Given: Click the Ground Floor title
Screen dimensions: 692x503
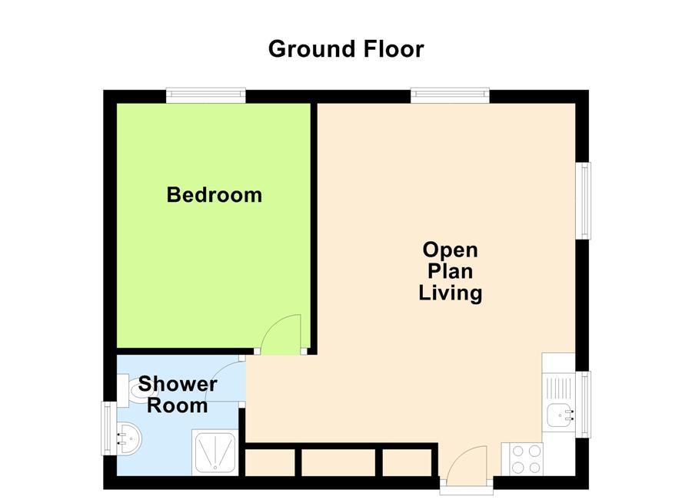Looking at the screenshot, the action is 346,49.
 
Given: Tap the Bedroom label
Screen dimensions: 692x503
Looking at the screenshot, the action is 215,195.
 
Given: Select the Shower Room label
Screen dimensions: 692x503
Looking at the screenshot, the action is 178,395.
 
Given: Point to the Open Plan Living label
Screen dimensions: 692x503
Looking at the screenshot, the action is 450,272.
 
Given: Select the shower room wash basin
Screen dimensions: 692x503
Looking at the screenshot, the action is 128,438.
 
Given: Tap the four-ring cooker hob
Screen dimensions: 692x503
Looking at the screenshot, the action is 523,459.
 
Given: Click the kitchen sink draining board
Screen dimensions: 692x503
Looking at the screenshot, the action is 559,388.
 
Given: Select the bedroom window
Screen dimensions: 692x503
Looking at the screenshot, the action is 205,96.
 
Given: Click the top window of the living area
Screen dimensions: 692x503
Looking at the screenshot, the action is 450,96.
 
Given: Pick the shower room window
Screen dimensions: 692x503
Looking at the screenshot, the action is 108,429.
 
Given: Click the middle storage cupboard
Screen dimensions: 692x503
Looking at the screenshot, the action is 338,462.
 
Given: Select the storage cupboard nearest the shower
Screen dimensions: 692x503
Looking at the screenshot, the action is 270,462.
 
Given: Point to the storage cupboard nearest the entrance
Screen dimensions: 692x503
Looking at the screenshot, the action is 407,462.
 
